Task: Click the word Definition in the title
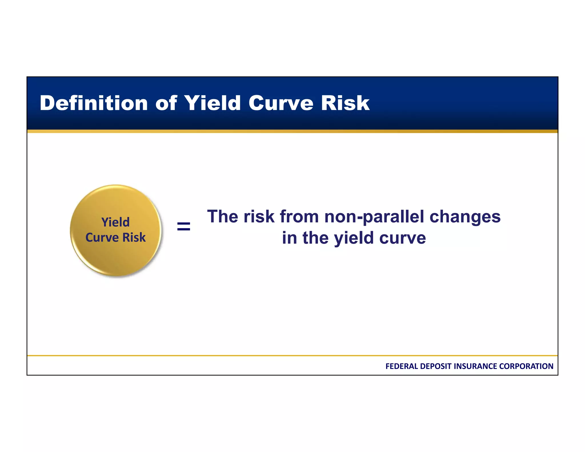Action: (x=94, y=103)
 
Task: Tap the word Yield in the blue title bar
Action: (x=212, y=103)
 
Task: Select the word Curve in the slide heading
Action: (x=281, y=103)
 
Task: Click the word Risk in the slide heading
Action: (x=345, y=103)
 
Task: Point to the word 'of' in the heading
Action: (x=166, y=103)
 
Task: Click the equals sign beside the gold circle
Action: (x=183, y=227)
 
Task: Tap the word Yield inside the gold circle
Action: (x=115, y=222)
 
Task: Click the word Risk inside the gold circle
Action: (x=134, y=237)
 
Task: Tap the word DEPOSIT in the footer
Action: (x=436, y=366)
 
